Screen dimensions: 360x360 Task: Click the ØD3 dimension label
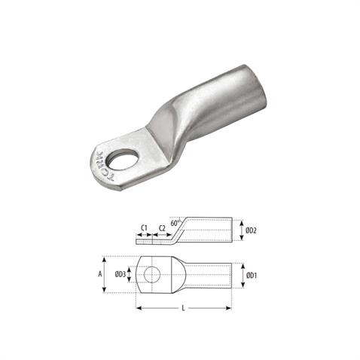(x=119, y=274)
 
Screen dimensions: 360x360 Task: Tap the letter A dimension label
(x=100, y=274)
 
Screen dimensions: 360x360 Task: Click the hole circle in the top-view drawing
(x=152, y=274)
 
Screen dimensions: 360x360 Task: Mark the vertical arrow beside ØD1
(x=241, y=276)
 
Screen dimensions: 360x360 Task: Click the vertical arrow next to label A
(x=109, y=274)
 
